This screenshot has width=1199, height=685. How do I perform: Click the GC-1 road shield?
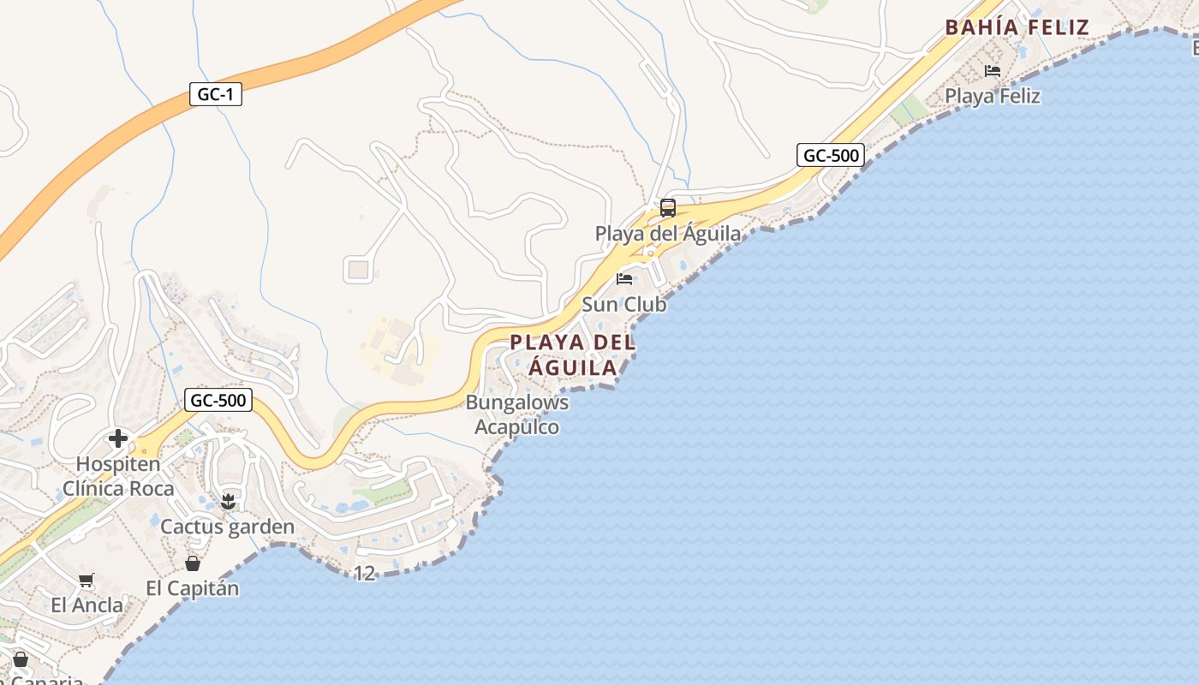(x=216, y=94)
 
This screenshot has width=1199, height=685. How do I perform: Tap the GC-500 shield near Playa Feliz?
(x=830, y=155)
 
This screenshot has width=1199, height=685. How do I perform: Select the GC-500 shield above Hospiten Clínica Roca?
(x=218, y=399)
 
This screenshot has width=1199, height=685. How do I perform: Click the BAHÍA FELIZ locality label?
(x=1017, y=27)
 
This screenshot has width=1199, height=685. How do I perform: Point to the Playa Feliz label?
(x=992, y=96)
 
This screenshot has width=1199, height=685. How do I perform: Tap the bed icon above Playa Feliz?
(x=993, y=70)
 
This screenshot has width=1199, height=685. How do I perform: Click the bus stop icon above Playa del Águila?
(x=667, y=208)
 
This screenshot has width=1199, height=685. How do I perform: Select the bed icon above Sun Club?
(x=624, y=279)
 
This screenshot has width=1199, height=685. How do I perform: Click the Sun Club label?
(x=623, y=304)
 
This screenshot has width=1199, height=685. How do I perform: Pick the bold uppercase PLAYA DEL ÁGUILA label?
(x=572, y=354)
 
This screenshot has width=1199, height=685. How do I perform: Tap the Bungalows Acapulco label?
(x=516, y=414)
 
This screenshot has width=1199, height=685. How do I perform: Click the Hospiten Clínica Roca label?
(x=118, y=476)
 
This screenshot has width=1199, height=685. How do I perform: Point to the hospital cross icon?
(x=118, y=439)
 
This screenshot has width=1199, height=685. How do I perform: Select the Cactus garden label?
(x=227, y=527)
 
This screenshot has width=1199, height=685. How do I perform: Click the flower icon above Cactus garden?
(x=227, y=501)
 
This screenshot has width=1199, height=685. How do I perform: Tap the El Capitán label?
(x=193, y=588)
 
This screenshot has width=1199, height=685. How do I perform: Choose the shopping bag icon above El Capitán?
(x=193, y=563)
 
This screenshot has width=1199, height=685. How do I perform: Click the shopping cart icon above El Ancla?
(x=86, y=581)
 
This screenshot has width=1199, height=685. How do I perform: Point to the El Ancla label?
(x=86, y=605)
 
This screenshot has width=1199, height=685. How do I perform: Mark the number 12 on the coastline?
(x=365, y=573)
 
